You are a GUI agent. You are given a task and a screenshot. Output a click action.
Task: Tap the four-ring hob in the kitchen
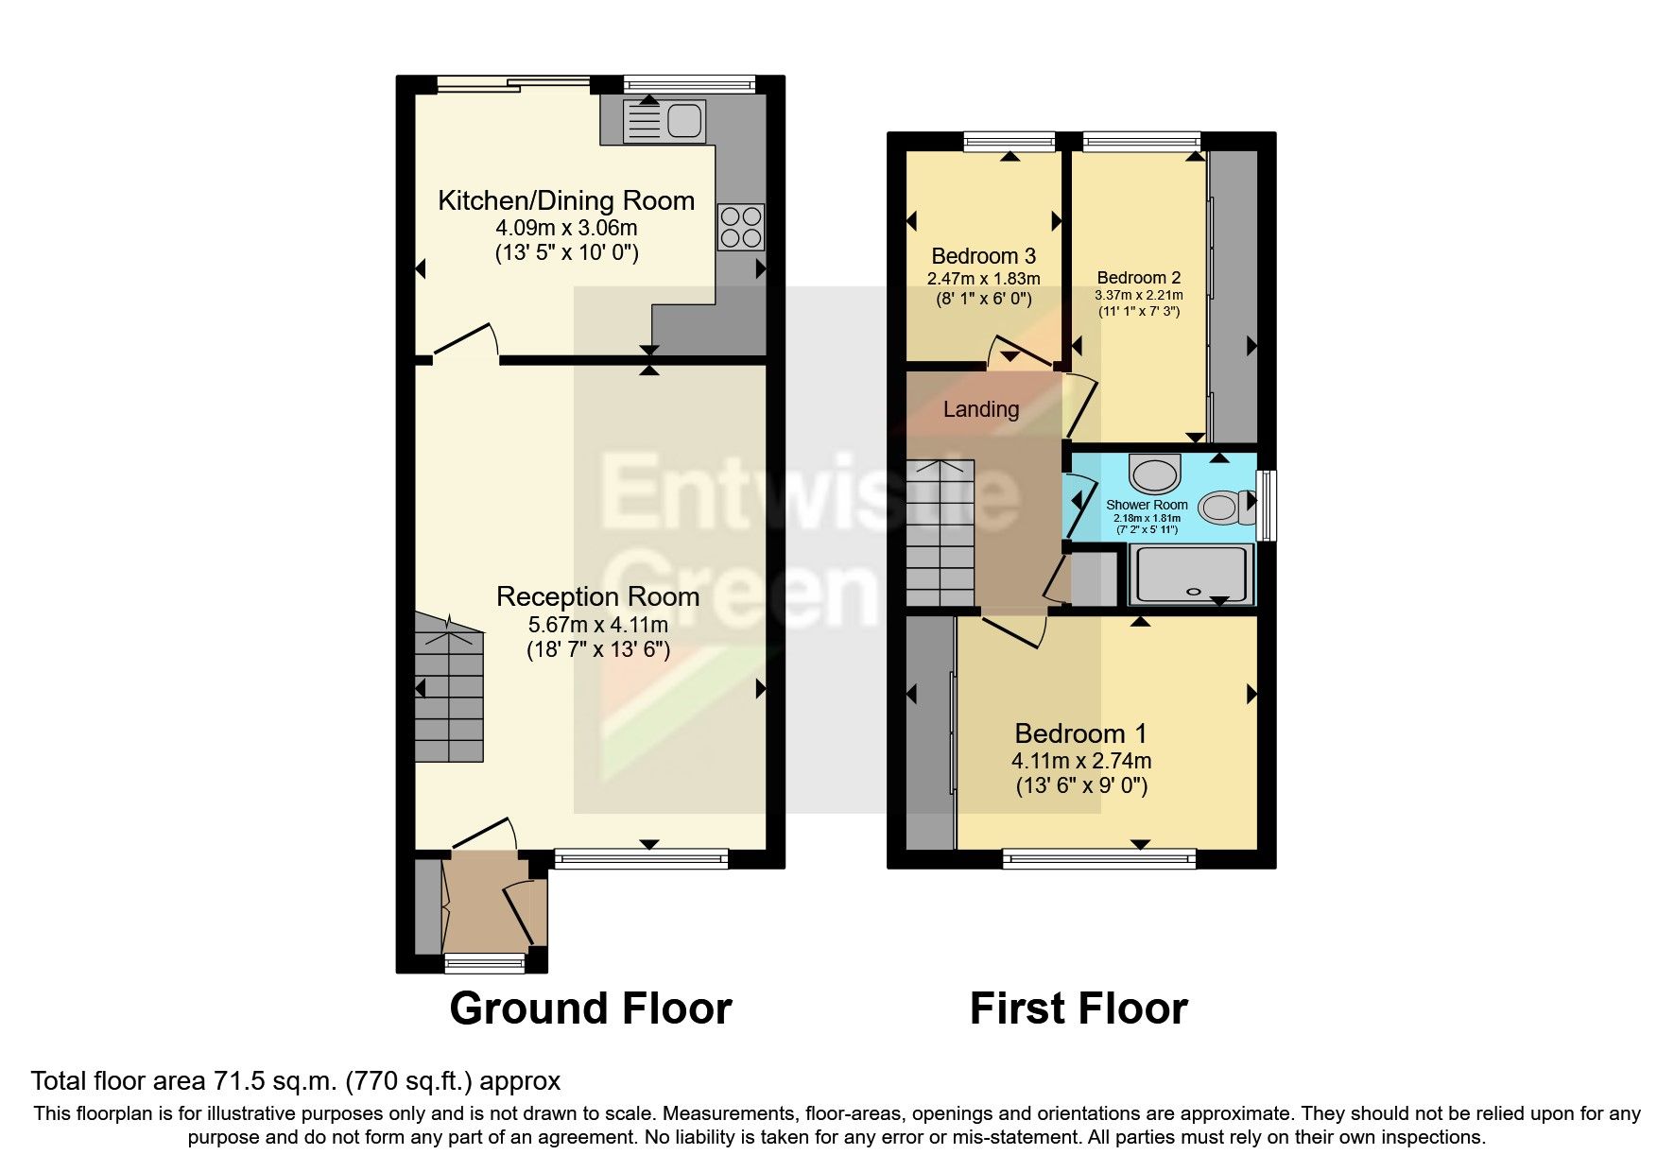pos(740,227)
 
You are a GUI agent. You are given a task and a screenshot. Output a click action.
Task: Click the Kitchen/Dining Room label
pos(566,200)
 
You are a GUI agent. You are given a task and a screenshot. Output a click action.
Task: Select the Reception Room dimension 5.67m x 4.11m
pos(597,625)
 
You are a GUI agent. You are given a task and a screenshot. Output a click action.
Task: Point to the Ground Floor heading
pos(590,1008)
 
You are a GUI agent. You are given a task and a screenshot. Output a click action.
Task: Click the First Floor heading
pos(1078,1008)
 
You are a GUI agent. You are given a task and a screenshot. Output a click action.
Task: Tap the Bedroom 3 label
pos(983,256)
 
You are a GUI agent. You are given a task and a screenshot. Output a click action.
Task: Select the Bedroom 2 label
pos(1138,278)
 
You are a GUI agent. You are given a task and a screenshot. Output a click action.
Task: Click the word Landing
pos(980,409)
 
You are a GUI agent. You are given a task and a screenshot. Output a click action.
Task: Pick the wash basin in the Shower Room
pos(1154,473)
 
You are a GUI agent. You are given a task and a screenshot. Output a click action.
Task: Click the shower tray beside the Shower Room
pos(1191,575)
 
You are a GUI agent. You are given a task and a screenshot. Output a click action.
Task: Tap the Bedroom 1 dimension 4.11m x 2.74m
pos(1080,761)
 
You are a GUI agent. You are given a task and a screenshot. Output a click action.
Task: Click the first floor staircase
pos(940,534)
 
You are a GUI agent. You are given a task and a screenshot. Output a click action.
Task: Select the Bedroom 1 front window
pos(1098,858)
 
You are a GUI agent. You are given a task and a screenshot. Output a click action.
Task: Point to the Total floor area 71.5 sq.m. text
pos(295,1080)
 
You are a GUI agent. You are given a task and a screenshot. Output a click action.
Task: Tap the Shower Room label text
pos(1146,505)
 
